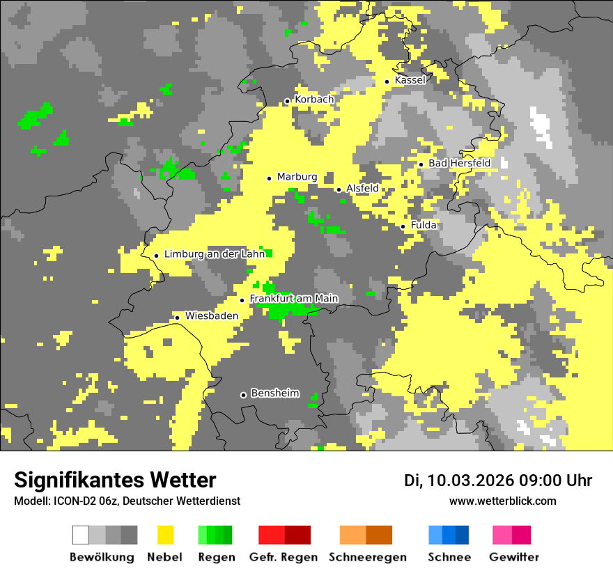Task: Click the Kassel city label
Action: click(x=410, y=80)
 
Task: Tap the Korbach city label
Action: click(x=314, y=100)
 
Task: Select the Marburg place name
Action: click(x=297, y=177)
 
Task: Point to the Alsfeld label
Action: click(x=362, y=188)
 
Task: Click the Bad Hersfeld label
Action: click(x=459, y=163)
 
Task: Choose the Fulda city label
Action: click(x=424, y=225)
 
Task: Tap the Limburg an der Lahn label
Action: click(x=215, y=254)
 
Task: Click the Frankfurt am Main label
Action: click(x=293, y=299)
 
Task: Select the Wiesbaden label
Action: click(x=212, y=315)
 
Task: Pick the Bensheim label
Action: click(x=274, y=393)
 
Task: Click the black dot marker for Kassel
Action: click(x=387, y=81)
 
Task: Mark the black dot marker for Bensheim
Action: click(x=243, y=395)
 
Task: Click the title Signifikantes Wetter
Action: click(x=115, y=480)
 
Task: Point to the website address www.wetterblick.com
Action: click(x=502, y=501)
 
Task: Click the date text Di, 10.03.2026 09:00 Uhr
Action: click(x=497, y=481)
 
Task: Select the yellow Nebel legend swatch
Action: click(x=165, y=535)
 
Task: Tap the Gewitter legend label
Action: click(x=513, y=557)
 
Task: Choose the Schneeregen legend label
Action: click(x=367, y=557)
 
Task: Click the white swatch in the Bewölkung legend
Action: click(x=81, y=535)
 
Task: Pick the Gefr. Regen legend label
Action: click(x=284, y=557)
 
